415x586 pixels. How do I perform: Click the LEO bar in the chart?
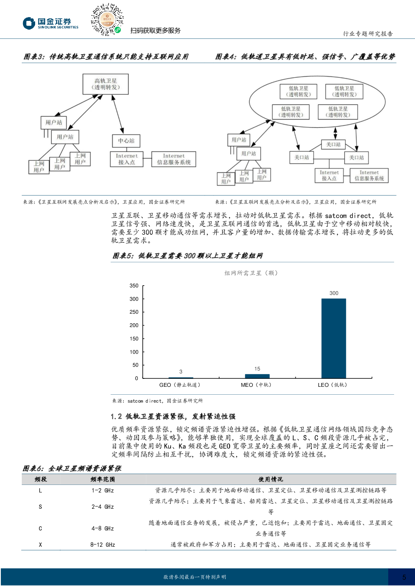pyautogui.click(x=333, y=338)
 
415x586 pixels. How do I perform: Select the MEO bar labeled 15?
pyautogui.click(x=257, y=376)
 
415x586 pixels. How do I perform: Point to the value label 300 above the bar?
pyautogui.click(x=334, y=293)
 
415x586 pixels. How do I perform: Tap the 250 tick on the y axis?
pyautogui.click(x=134, y=312)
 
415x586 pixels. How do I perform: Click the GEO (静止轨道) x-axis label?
pyautogui.click(x=180, y=385)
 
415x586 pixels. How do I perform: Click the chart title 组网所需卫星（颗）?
pyautogui.click(x=251, y=273)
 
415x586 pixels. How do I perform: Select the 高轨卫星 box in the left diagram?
pyautogui.click(x=106, y=84)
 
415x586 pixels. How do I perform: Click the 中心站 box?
pyautogui.click(x=126, y=141)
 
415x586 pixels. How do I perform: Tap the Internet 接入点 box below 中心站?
pyautogui.click(x=126, y=159)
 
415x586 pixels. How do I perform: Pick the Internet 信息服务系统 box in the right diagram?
pyautogui.click(x=369, y=175)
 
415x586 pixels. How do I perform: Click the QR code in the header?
pyautogui.click(x=107, y=20)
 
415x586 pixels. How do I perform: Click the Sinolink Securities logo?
pyautogui.click(x=51, y=23)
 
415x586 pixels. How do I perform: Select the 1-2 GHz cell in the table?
pyautogui.click(x=102, y=490)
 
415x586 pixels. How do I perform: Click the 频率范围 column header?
pyautogui.click(x=102, y=479)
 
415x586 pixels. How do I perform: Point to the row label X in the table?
pyautogui.click(x=40, y=545)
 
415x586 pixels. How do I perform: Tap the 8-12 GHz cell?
pyautogui.click(x=102, y=545)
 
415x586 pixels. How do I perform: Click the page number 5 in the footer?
pyautogui.click(x=404, y=577)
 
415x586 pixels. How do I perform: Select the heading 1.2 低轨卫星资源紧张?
pyautogui.click(x=173, y=416)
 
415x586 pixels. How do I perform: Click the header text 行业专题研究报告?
pyautogui.click(x=368, y=34)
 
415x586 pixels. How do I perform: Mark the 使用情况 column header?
pyautogui.click(x=270, y=479)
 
